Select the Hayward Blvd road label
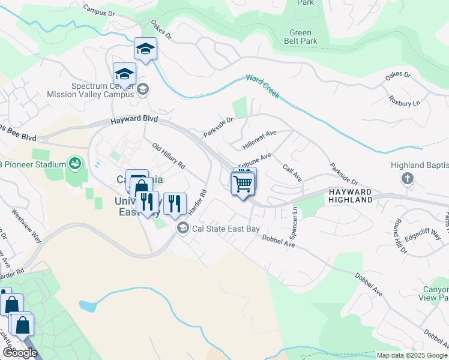pos(134,120)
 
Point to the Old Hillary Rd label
pos(169,155)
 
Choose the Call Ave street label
pos(292,173)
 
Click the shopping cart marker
pos(243,183)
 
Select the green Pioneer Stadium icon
pos(74,162)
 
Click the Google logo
pos(20,353)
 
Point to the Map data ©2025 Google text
pos(412,355)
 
